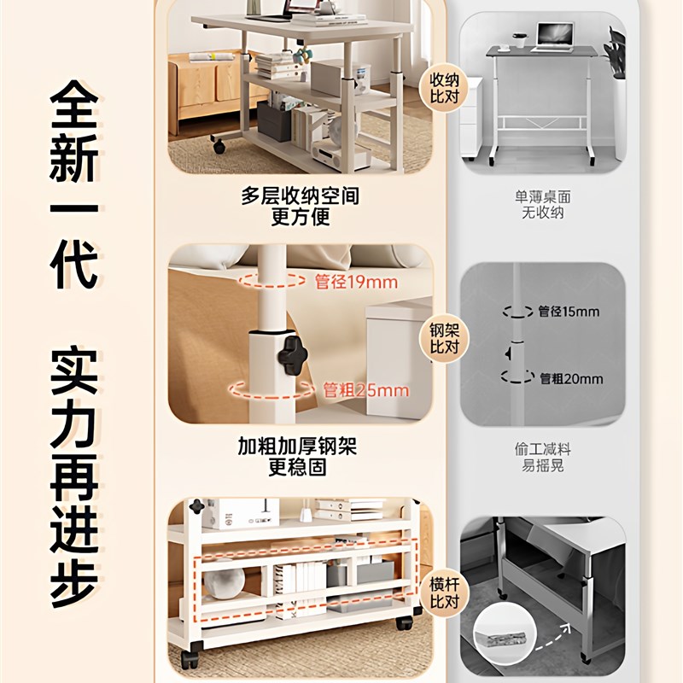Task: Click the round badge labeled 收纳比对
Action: coord(445,85)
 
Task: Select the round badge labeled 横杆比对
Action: coord(445,590)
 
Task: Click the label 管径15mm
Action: coord(568,312)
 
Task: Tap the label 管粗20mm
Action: coord(571,378)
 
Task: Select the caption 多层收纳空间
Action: coord(300,196)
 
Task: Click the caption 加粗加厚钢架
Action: coord(298,447)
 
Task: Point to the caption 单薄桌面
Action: coord(543,197)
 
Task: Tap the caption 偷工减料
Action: coord(543,447)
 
